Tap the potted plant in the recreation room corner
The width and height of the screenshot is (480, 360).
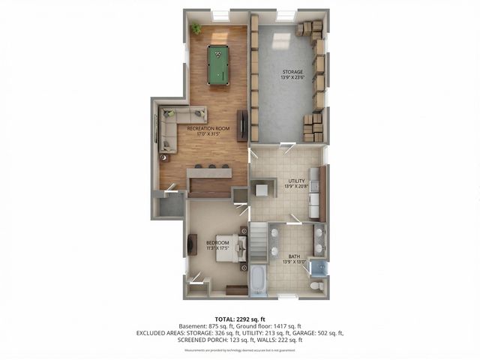point(196,28)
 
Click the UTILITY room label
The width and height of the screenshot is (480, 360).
point(298,181)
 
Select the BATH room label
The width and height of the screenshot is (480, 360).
point(294,256)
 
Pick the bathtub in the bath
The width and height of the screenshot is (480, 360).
point(257,280)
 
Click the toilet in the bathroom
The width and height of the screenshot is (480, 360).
point(317,286)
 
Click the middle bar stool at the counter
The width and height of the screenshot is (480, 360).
point(211,166)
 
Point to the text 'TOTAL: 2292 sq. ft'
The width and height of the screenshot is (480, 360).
point(239,318)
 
